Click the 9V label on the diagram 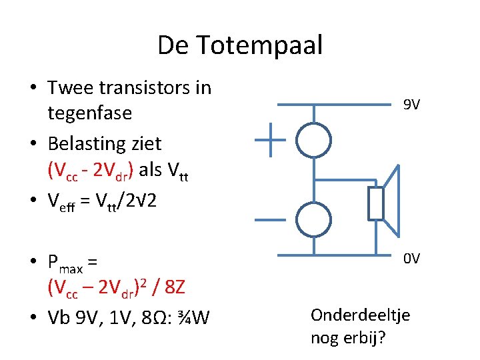411,105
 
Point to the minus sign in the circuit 270,220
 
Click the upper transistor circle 313,140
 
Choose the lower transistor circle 313,220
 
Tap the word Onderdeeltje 361,315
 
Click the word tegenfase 89,113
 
